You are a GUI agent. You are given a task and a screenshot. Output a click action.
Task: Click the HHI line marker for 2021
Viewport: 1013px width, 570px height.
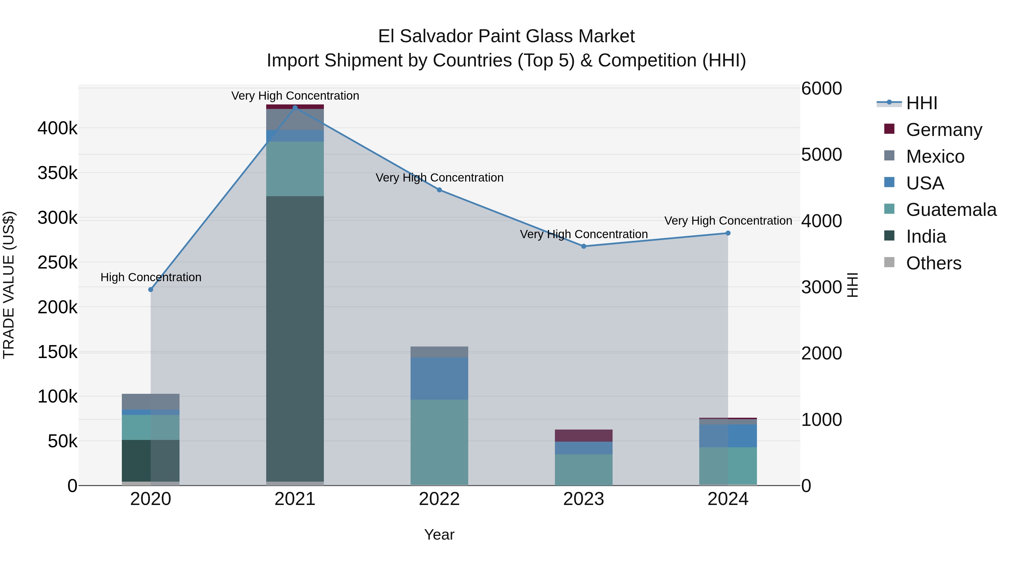295,108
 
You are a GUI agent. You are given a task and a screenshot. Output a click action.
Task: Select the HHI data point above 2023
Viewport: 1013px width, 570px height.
584,246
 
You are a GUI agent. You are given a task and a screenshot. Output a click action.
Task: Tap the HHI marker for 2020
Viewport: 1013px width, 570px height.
151,290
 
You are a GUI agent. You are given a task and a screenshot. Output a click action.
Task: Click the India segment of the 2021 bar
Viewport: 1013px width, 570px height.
295,338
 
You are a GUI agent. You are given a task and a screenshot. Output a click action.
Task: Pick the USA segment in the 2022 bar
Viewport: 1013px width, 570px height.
439,378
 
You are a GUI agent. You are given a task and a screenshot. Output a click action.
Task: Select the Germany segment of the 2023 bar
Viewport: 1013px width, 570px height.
584,435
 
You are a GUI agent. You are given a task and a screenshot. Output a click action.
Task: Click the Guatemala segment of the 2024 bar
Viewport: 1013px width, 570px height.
728,466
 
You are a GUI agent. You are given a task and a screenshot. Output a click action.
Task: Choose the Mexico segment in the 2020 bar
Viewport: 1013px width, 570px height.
151,402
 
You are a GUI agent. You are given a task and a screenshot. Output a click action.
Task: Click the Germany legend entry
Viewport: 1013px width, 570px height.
944,130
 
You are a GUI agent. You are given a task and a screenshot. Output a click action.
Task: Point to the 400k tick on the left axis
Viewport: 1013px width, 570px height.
57,128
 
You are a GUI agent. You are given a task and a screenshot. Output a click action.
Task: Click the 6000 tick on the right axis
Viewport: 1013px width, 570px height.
821,88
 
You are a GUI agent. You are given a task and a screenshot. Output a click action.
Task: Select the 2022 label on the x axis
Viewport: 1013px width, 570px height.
439,499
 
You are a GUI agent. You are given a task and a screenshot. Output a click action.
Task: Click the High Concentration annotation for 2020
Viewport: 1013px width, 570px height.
151,277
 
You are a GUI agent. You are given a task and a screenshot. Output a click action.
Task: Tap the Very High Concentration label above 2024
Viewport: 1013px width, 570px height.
728,221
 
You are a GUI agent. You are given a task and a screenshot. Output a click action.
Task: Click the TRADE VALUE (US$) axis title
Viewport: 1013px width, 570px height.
9,285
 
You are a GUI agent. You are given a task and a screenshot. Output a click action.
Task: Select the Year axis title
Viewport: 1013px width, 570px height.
439,535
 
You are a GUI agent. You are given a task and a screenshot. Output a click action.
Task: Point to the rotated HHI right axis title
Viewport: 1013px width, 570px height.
852,285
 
